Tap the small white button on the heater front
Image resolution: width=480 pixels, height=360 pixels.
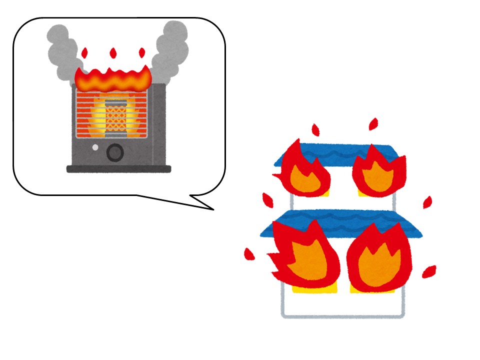[95, 148]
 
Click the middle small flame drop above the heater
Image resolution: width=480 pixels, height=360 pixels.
[113, 53]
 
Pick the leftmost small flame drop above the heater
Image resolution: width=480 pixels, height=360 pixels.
[84, 53]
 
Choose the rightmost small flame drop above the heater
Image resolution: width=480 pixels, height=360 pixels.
[142, 53]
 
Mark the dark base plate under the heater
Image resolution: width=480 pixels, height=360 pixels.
[118, 169]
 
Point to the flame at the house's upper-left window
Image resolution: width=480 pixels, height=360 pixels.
[302, 170]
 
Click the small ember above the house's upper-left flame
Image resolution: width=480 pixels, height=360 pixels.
[315, 130]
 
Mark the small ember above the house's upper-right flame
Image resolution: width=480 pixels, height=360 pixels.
[373, 124]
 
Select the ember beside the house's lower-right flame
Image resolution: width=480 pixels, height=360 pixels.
[428, 271]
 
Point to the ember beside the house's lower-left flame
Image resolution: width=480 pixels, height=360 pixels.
[248, 254]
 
